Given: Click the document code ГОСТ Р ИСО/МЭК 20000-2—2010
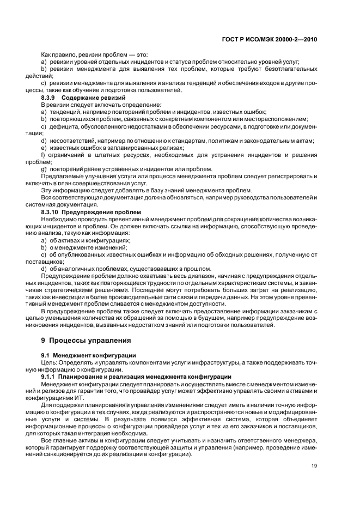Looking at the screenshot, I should [x=278, y=40].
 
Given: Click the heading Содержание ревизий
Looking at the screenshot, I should [x=87, y=97].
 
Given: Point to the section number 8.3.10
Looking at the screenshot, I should [x=52, y=211].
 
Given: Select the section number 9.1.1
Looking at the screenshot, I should [x=50, y=377].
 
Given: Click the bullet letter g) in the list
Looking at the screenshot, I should [x=44, y=169].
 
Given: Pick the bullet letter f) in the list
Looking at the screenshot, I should [x=44, y=155].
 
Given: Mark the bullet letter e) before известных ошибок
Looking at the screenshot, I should [x=44, y=147].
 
